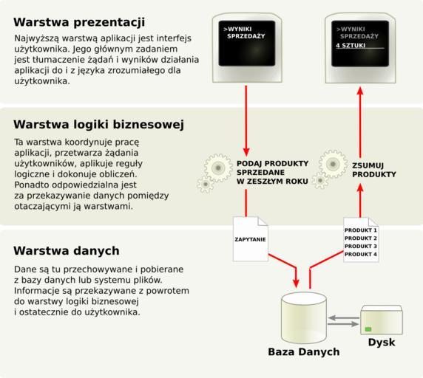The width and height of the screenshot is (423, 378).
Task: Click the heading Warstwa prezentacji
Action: [x=79, y=22]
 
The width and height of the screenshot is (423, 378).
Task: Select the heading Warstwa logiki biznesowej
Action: [x=99, y=125]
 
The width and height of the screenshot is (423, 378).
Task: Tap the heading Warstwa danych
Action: [x=67, y=251]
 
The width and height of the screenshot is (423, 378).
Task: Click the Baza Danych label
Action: [x=304, y=352]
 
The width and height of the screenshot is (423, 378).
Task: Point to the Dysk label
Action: [x=382, y=343]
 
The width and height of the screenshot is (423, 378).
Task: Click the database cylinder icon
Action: [x=304, y=317]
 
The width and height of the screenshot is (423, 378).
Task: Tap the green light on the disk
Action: [x=368, y=329]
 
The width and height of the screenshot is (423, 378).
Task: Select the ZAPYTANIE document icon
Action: [x=251, y=239]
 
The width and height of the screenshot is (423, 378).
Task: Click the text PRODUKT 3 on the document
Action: [x=361, y=247]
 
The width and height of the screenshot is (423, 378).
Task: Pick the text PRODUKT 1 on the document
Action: [x=361, y=230]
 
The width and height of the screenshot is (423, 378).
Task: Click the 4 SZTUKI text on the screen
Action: [x=351, y=46]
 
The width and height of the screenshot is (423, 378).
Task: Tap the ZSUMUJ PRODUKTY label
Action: [x=374, y=170]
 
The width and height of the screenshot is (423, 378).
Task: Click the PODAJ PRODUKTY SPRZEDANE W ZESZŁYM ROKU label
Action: [x=272, y=172]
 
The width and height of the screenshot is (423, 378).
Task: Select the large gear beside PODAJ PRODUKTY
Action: [x=218, y=168]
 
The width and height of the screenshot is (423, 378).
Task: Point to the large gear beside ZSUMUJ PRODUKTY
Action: [x=333, y=164]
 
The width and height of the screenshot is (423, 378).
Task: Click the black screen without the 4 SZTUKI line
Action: [x=247, y=44]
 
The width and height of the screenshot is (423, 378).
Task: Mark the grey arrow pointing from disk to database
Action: [x=343, y=318]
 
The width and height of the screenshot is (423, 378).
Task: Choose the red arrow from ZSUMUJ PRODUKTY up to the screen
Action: [x=360, y=122]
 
